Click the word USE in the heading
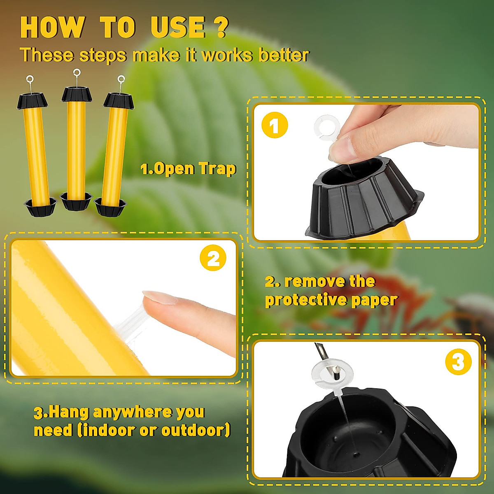point(178,28)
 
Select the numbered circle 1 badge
point(275,125)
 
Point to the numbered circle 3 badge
point(458,362)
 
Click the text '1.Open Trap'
point(188,169)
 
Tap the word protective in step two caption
point(305,300)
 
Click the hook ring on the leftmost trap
point(30,79)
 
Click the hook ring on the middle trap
point(77,73)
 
